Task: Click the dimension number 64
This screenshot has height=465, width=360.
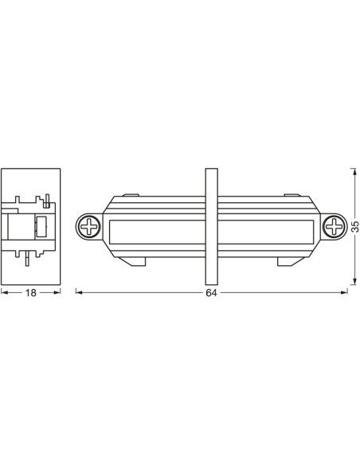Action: [211, 293]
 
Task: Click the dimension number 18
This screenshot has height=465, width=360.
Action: [31, 293]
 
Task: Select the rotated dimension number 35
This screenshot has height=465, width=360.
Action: [355, 226]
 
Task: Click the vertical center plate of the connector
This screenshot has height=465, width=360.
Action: [211, 226]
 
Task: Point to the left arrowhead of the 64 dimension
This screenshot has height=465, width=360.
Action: [78, 292]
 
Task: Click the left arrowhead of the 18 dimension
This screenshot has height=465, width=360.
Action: [3, 292]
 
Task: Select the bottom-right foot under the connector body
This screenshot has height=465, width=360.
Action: [288, 260]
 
